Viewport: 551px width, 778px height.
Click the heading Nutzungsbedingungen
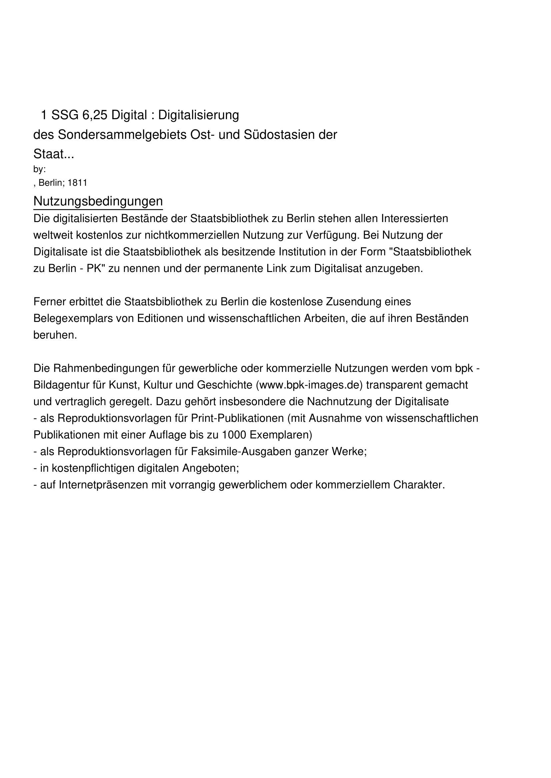pyautogui.click(x=98, y=201)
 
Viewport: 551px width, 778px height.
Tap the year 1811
pyautogui.click(x=77, y=183)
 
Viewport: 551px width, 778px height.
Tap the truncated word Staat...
pyautogui.click(x=49, y=154)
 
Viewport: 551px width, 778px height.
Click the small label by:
pyautogui.click(x=39, y=169)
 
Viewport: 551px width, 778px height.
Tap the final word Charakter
pyautogui.click(x=419, y=485)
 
